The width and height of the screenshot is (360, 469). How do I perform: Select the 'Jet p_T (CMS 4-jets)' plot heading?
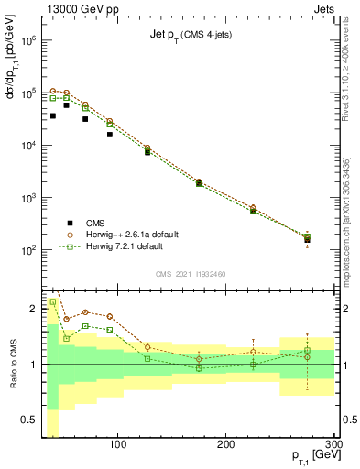[189, 36]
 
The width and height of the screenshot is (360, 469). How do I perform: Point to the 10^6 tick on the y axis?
[26, 41]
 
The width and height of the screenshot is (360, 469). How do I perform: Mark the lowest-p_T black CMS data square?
[53, 116]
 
